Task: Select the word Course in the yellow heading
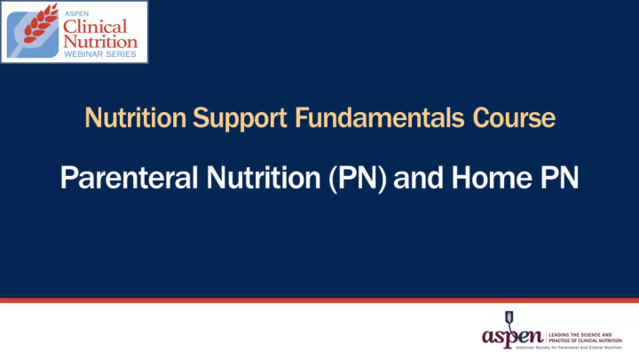click(515, 118)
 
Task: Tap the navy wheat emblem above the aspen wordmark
click(509, 317)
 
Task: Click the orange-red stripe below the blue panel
click(319, 300)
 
